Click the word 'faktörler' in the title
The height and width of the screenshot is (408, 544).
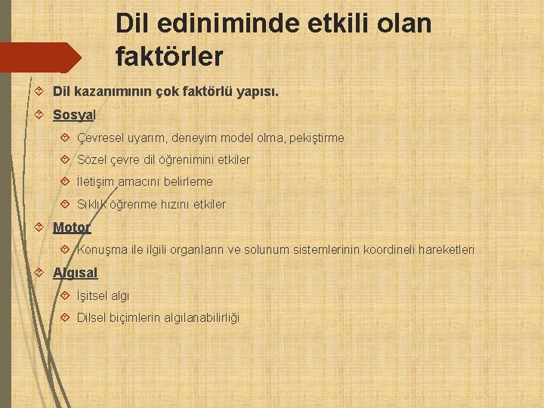click(x=169, y=56)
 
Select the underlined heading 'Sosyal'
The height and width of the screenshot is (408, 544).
click(x=74, y=115)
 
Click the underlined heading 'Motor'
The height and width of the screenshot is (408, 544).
click(x=72, y=227)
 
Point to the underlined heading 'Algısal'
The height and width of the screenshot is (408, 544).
click(x=76, y=273)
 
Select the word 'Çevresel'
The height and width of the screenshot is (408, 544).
click(x=100, y=138)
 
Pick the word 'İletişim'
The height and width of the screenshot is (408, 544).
click(x=96, y=182)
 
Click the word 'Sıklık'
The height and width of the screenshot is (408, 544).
click(x=93, y=205)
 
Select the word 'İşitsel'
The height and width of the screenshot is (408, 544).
click(x=92, y=296)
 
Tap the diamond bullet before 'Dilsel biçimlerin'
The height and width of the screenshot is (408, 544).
click(x=65, y=318)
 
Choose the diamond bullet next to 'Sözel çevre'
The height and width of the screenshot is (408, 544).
click(x=65, y=160)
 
